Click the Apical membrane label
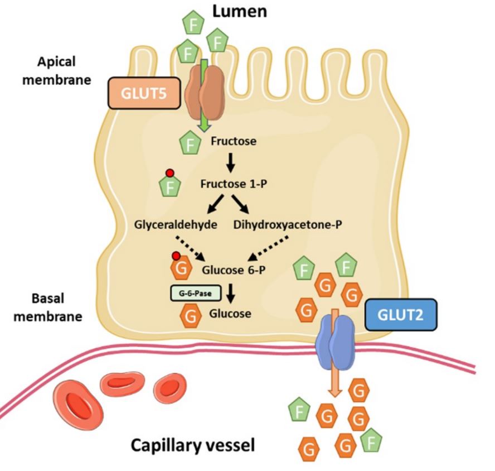pyautogui.click(x=65, y=69)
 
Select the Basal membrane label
pyautogui.click(x=47, y=308)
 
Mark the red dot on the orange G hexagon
pyautogui.click(x=177, y=257)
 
